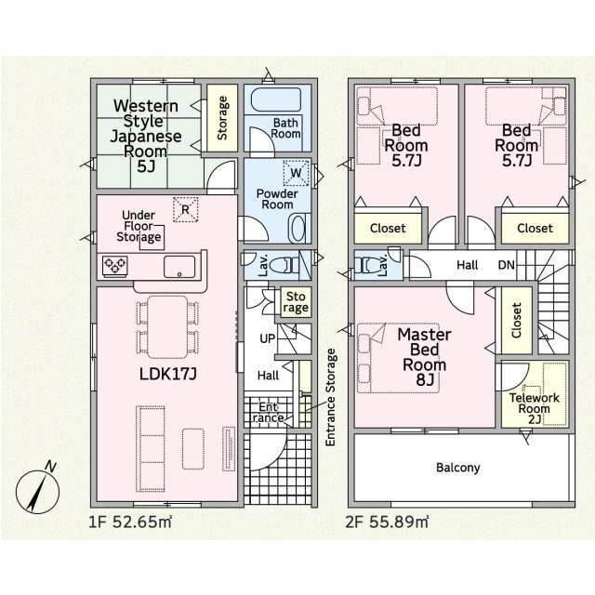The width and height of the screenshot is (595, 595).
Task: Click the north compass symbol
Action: coord(37,490)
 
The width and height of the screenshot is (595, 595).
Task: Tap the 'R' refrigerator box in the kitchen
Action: coord(186,209)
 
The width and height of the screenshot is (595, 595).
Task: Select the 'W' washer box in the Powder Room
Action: coord(296,173)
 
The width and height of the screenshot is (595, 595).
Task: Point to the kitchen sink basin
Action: coord(179,267)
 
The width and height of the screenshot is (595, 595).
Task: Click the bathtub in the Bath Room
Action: coord(276,99)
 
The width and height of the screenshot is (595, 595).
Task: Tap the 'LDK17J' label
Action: coord(167,374)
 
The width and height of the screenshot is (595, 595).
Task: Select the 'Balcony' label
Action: coord(458,468)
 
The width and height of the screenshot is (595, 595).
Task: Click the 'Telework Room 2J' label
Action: coord(535,408)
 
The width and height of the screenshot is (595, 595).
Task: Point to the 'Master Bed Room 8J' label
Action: coord(424,357)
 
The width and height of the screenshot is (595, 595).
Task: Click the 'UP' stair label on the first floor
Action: coord(268,338)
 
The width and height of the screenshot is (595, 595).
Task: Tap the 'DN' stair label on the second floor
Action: coord(506,265)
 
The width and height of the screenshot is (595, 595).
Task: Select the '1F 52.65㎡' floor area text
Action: coord(130,522)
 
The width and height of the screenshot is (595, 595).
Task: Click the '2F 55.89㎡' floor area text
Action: coord(387,522)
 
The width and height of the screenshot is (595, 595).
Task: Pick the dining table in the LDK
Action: coord(167,327)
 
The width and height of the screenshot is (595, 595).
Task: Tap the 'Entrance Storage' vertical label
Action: coord(331,397)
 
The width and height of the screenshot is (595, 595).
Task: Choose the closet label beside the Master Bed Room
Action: coord(516,320)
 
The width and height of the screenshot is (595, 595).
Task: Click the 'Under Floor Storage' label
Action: coord(139,226)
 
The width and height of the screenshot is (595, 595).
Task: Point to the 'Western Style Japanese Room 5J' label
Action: coord(146,136)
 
